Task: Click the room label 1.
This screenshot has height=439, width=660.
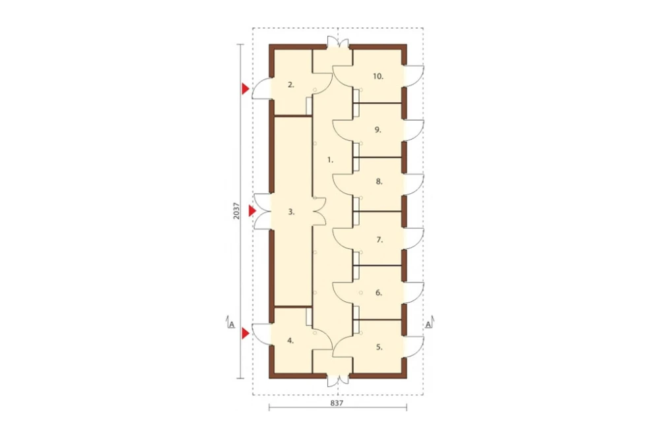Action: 331,160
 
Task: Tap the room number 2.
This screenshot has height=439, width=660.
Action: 291,84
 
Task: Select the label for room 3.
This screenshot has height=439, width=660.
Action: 291,212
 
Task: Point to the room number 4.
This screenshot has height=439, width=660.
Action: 290,341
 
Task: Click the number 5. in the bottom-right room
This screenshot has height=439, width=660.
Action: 379,347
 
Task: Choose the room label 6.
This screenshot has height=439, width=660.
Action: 379,293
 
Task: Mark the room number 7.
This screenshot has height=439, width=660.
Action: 379,240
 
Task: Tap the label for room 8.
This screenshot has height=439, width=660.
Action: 379,182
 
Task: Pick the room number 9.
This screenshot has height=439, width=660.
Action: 378,130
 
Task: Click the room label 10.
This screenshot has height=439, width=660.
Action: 378,76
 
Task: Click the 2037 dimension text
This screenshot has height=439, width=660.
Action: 236,211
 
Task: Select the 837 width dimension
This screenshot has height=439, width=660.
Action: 337,403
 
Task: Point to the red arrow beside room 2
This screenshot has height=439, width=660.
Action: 245,88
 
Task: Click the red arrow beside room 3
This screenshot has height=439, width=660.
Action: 252,211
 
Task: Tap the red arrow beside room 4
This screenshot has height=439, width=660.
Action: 245,334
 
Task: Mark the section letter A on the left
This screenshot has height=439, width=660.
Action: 231,324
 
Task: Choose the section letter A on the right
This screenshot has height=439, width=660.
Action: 428,324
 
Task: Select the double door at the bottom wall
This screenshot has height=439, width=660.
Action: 338,380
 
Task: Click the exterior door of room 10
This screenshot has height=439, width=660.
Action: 414,76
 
